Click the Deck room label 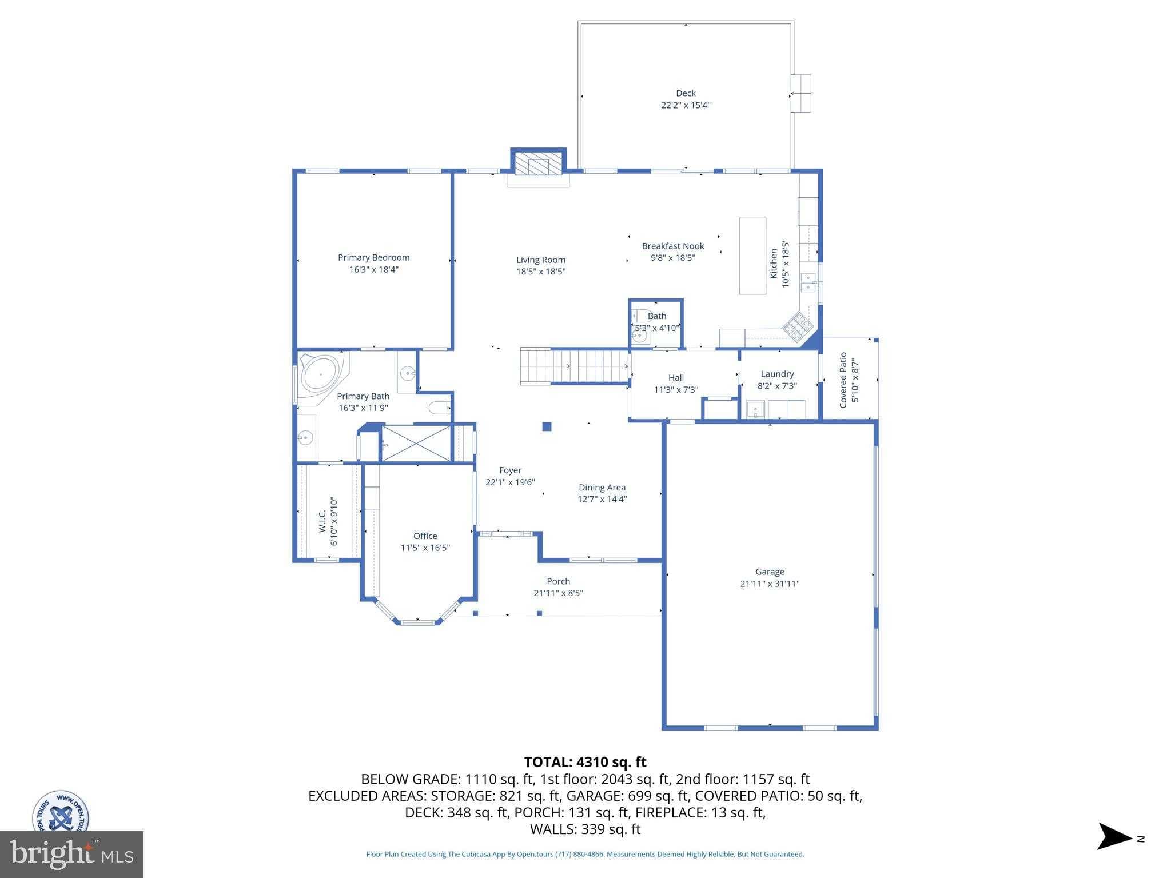[x=686, y=93]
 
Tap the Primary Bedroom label [x=374, y=257]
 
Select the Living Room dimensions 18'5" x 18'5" [x=541, y=272]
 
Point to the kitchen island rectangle [x=752, y=256]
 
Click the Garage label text [x=770, y=572]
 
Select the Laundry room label [x=777, y=374]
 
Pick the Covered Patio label [x=843, y=380]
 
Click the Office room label [x=425, y=536]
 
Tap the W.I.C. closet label [x=322, y=521]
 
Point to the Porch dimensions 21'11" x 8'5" [x=559, y=593]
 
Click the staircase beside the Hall [x=575, y=366]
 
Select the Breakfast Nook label [x=673, y=246]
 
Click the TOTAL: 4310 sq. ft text [x=585, y=762]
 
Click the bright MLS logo [x=71, y=854]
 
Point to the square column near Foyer [x=547, y=426]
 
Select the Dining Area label [x=602, y=488]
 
